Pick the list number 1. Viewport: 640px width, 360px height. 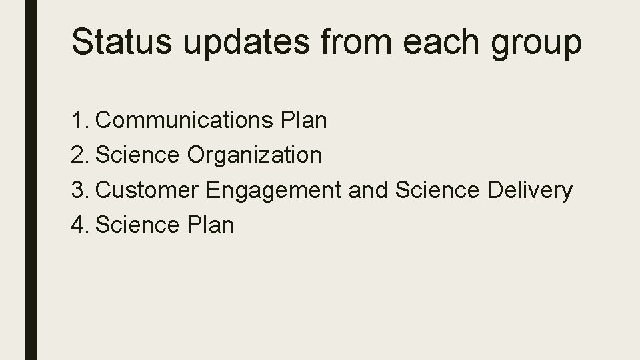coord(78,121)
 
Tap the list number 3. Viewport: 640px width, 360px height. coord(79,190)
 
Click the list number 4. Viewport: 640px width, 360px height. coord(79,225)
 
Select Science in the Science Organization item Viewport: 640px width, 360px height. coord(137,155)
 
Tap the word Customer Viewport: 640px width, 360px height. coord(147,190)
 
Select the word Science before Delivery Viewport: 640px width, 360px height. coord(437,190)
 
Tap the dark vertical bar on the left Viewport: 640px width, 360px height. coord(31,180)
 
